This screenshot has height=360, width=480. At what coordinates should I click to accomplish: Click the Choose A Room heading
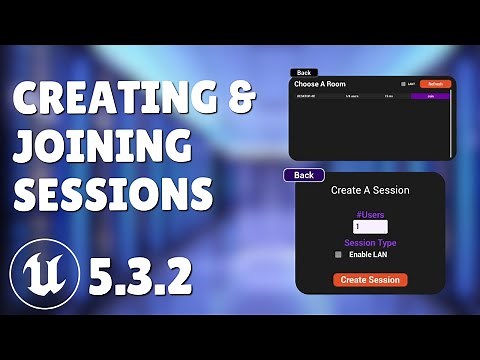coord(320,84)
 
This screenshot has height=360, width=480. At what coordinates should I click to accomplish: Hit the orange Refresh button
coord(436,84)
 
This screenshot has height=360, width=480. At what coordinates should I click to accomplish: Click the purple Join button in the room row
coord(431,96)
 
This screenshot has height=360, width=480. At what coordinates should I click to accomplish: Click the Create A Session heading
coord(370,190)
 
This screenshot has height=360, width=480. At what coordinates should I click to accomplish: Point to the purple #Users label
coord(370,213)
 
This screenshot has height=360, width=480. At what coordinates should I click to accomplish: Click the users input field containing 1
coord(370,227)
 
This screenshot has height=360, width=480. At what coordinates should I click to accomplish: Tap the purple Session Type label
coord(370,242)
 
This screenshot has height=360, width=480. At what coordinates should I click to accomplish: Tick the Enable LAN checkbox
coord(338,255)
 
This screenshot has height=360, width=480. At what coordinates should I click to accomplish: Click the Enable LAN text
coord(369,255)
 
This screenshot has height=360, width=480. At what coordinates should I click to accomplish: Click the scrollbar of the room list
coord(454,120)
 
